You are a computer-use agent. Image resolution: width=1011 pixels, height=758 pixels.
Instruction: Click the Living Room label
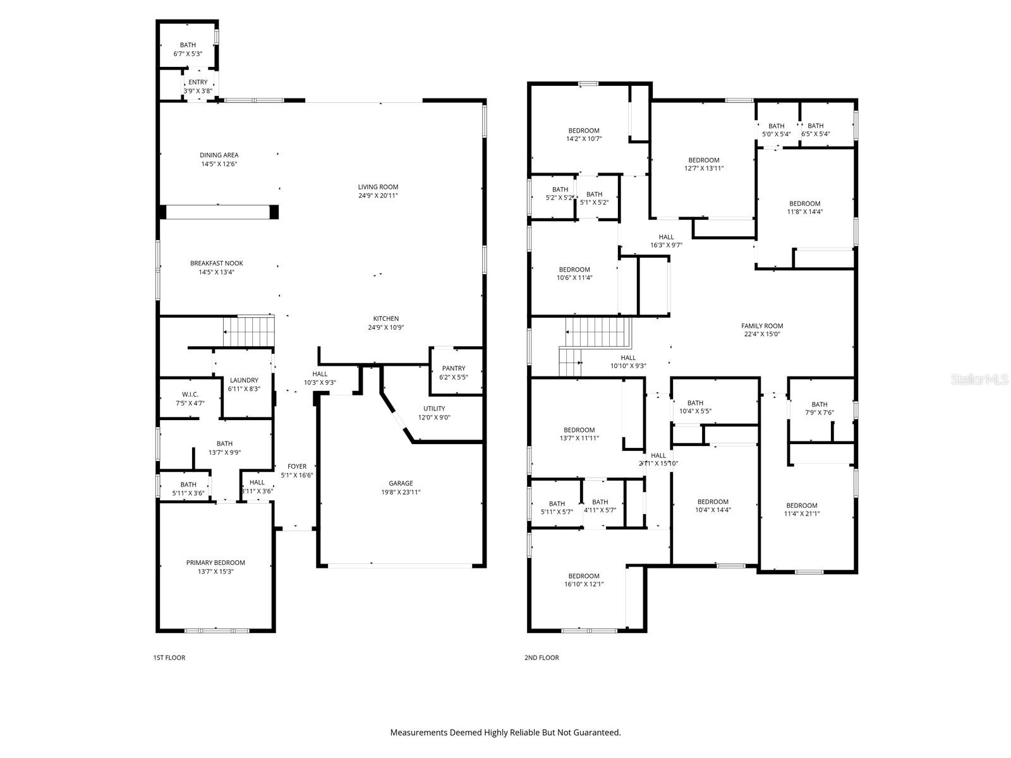[378, 187]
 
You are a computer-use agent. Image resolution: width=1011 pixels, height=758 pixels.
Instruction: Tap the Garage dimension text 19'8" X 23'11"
[400, 492]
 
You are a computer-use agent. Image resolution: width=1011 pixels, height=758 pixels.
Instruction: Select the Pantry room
[456, 371]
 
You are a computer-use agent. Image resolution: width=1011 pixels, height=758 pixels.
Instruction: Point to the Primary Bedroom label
[215, 562]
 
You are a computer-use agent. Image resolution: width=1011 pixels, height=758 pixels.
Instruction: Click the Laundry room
[244, 384]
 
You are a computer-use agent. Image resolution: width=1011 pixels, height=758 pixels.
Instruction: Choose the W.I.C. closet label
[190, 394]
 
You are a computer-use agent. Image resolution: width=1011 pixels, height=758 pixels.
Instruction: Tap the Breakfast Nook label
[217, 263]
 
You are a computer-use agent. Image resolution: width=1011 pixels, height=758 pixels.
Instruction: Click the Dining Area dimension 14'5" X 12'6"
[219, 164]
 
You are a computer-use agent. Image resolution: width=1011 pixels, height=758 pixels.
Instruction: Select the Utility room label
[434, 408]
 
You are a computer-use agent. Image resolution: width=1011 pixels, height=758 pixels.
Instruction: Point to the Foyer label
[297, 466]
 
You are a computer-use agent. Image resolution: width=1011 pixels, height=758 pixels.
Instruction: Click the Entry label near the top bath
[198, 82]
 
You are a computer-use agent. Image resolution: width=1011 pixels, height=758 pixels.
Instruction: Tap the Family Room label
[762, 326]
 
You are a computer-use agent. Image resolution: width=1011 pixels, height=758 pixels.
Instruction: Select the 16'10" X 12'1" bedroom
[584, 580]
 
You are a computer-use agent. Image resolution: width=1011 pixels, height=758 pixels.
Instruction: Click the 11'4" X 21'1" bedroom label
[802, 505]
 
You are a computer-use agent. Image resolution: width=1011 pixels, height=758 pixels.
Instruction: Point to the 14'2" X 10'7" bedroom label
[584, 131]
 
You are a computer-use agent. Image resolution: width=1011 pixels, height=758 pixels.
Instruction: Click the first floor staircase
[249, 331]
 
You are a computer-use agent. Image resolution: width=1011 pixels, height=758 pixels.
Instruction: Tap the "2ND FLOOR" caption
[542, 658]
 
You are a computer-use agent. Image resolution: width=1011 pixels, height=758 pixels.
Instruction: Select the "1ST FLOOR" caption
[169, 658]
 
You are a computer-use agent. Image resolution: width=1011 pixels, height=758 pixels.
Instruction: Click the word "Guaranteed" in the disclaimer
[597, 732]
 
